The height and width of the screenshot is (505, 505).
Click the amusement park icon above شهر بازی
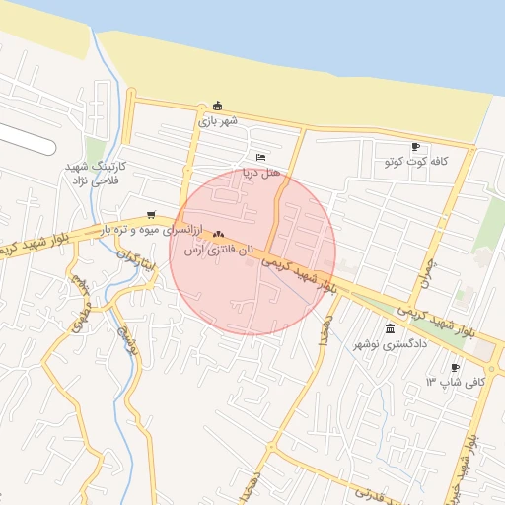[218, 107]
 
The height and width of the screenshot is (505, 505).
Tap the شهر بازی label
[218, 121]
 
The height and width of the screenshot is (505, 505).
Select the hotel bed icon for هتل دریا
[260, 157]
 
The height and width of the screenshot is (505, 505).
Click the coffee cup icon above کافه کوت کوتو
[414, 146]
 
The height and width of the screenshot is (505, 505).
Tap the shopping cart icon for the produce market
[150, 215]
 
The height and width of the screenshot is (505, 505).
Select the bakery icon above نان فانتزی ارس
[218, 235]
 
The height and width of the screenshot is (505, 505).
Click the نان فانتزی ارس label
[218, 250]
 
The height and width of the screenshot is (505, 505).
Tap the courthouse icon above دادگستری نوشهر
[391, 328]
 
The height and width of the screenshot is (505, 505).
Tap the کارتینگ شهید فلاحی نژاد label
[92, 175]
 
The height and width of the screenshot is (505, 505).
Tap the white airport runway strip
[25, 138]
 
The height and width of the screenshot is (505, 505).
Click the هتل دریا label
[262, 172]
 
